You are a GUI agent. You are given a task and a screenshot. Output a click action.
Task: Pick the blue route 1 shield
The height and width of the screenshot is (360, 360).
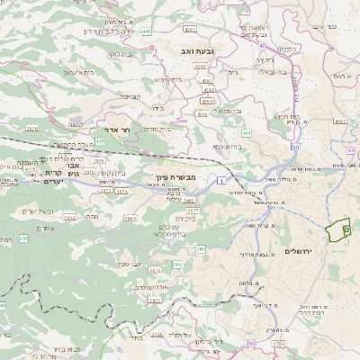point(220,183)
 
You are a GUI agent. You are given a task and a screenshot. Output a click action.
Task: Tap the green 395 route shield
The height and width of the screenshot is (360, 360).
point(177,265)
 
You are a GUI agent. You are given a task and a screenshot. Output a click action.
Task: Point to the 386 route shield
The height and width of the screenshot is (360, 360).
point(201,247)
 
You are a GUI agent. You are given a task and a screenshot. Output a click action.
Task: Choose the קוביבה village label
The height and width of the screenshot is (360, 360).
point(130,95)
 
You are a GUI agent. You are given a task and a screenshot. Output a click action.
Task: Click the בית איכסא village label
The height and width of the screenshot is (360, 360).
point(227,146)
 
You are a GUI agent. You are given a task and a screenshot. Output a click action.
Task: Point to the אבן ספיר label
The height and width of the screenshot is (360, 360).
point(131,264)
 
